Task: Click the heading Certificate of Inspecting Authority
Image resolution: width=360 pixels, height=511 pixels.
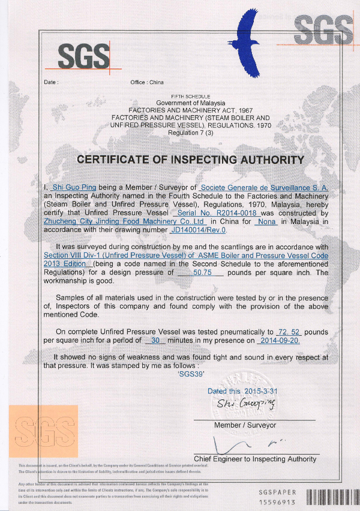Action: point(190,160)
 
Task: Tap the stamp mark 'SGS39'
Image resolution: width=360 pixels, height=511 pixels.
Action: point(192,373)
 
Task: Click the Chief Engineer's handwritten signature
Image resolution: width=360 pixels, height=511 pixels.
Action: point(240,445)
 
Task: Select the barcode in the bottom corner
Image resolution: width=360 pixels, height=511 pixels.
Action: point(331,497)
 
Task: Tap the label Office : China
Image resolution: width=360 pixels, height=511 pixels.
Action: point(146,82)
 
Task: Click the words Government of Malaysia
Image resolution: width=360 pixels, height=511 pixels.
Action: point(182,103)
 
